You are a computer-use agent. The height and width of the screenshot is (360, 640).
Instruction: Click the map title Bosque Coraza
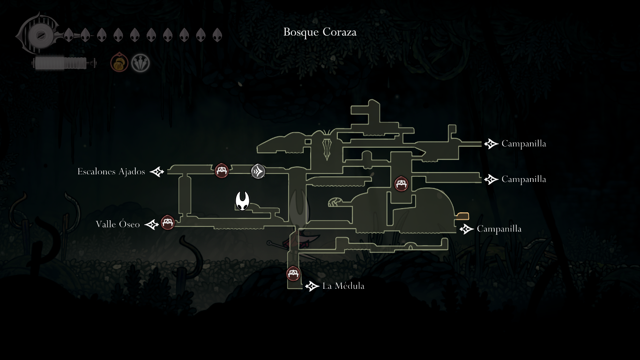pyautogui.click(x=320, y=32)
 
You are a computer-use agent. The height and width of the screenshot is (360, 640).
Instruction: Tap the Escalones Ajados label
pyautogui.click(x=111, y=172)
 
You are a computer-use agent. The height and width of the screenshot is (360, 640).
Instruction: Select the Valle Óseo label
pyautogui.click(x=118, y=224)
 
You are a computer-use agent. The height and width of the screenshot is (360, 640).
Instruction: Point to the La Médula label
pyautogui.click(x=343, y=286)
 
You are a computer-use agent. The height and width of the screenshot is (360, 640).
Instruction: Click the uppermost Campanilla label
pyautogui.click(x=524, y=143)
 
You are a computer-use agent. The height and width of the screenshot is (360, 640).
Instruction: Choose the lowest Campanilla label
pyautogui.click(x=499, y=229)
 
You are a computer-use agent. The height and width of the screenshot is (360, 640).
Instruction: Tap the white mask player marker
pyautogui.click(x=242, y=201)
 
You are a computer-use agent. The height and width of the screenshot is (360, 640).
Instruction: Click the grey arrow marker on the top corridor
pyautogui.click(x=258, y=171)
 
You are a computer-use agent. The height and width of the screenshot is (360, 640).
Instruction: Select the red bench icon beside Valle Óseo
pyautogui.click(x=168, y=223)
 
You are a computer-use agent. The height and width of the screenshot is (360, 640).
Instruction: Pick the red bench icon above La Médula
pyautogui.click(x=293, y=274)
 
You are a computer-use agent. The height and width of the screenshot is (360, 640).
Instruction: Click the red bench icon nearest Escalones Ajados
pyautogui.click(x=222, y=171)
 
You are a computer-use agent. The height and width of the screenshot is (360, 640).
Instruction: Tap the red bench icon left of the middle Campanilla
pyautogui.click(x=401, y=184)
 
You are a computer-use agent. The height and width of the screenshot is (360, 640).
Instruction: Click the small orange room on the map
pyautogui.click(x=462, y=216)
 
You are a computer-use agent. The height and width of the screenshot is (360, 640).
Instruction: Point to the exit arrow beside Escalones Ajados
pyautogui.click(x=157, y=172)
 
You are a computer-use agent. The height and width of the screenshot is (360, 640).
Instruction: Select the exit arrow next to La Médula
pyautogui.click(x=312, y=286)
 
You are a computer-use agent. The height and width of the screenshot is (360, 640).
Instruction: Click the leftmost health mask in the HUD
pyautogui.click(x=68, y=35)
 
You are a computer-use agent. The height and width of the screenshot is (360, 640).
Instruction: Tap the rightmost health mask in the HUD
pyautogui.click(x=217, y=35)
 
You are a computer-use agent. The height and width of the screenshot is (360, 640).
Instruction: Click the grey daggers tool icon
pyautogui.click(x=140, y=63)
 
